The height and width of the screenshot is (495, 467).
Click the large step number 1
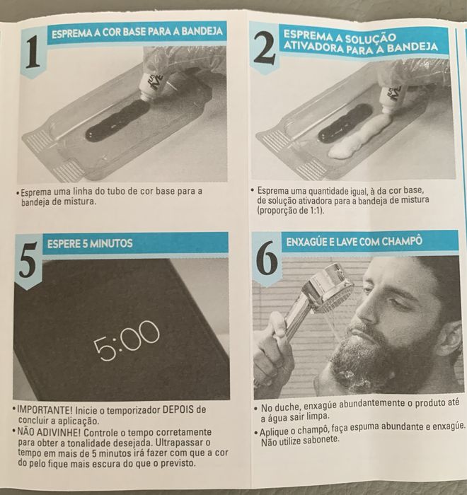point(33,52)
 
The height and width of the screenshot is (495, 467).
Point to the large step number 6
point(267,259)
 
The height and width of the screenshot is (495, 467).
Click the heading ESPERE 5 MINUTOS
point(90,243)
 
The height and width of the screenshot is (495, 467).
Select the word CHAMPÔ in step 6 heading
point(402,241)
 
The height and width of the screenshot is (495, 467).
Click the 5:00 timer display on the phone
point(127,340)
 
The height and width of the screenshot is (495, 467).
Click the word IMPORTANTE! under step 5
point(45,409)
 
